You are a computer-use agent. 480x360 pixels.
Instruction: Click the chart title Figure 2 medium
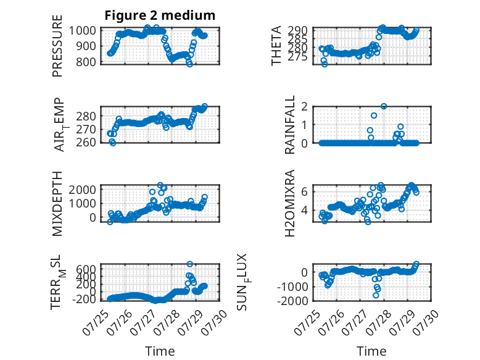point(160,15)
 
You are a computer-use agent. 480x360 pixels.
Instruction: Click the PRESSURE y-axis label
point(57,46)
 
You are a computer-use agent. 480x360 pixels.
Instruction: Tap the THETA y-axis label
point(276,46)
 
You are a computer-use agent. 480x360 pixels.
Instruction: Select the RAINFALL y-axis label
point(289,125)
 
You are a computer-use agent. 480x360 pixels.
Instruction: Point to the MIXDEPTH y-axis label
point(57,204)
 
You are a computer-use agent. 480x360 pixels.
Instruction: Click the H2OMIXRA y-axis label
point(289,203)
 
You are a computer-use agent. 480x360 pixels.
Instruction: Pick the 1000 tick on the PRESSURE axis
point(82,31)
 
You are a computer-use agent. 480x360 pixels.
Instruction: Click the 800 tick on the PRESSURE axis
point(86,62)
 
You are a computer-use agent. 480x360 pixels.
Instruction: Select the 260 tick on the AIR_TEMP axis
point(86,142)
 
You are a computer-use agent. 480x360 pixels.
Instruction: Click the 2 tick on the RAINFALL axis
point(304,106)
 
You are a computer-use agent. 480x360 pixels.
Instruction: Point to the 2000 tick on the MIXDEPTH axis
point(82,190)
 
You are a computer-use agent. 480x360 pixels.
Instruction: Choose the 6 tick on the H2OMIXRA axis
point(304,192)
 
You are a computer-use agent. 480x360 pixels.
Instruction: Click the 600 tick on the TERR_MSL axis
point(86,269)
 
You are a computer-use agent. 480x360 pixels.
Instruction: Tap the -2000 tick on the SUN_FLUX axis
point(292,301)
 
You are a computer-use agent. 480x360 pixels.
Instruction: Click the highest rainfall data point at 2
point(384,106)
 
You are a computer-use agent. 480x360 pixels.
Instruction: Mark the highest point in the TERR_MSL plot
point(190,264)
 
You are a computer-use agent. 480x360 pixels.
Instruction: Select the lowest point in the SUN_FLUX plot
point(376,295)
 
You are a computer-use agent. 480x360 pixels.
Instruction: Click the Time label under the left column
point(160,351)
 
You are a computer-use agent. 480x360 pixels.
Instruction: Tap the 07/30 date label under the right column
point(426,322)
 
